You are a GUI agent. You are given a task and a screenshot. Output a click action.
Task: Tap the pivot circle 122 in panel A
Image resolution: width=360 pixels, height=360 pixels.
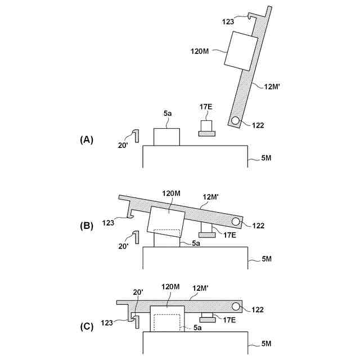coord(235,121)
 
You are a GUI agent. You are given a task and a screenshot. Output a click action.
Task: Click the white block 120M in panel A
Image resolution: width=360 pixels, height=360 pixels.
coord(241,51)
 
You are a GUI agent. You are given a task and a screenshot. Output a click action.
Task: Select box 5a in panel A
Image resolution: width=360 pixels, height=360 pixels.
coord(166,137)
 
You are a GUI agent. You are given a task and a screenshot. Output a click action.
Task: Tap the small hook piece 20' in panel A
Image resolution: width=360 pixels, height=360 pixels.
coord(135,136)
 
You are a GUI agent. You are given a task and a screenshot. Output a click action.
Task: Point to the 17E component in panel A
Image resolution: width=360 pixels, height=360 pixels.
coord(206,129)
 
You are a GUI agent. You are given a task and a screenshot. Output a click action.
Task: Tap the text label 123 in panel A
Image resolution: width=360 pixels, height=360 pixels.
coord(228,22)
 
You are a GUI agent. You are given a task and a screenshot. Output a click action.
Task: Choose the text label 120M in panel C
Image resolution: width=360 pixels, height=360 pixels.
coord(171,287)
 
